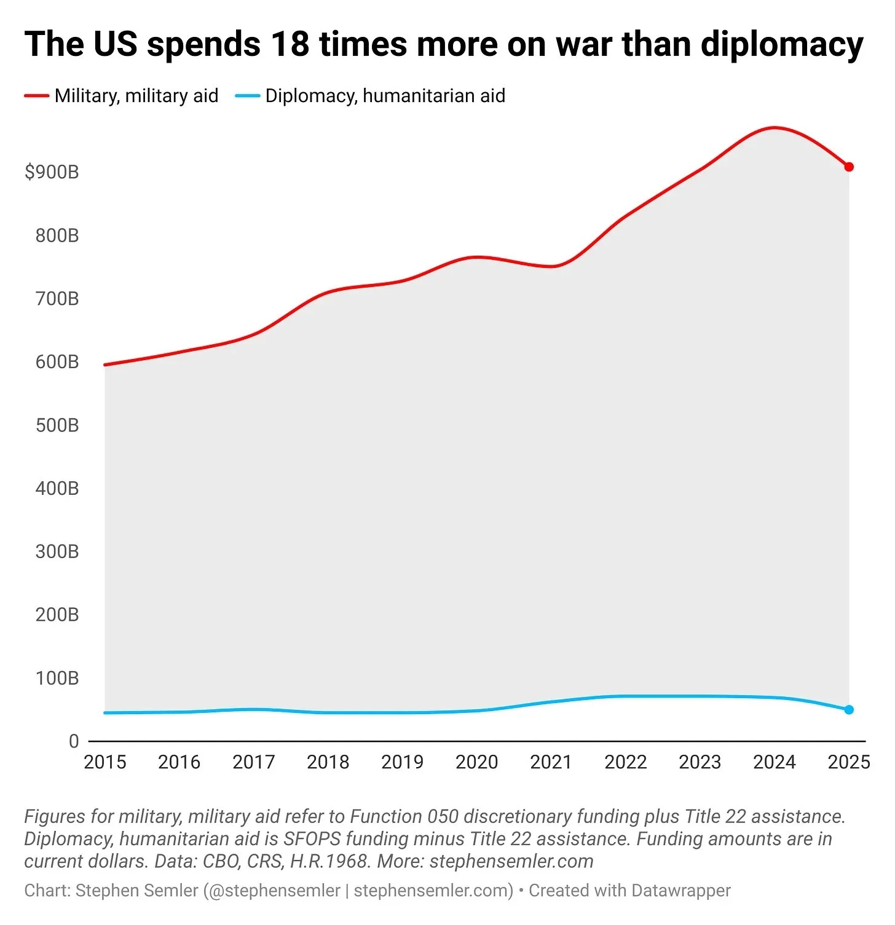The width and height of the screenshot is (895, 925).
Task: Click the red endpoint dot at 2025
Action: (849, 167)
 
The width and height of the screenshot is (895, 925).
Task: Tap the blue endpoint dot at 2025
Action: (849, 710)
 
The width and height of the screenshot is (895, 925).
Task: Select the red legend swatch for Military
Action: (36, 96)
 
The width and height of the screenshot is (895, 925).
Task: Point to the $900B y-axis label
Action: (52, 172)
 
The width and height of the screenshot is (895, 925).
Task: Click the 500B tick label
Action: (57, 425)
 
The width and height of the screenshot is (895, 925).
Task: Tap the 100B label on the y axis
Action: (57, 678)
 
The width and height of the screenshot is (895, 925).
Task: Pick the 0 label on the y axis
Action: (74, 741)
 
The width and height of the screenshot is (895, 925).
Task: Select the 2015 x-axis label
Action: (104, 762)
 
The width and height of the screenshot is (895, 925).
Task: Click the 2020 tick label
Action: (476, 762)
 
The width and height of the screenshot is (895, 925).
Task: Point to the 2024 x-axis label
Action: (774, 762)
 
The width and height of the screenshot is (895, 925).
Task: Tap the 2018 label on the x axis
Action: (328, 762)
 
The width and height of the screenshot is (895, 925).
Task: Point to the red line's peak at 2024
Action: (774, 128)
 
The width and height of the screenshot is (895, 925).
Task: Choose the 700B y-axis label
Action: (57, 299)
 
